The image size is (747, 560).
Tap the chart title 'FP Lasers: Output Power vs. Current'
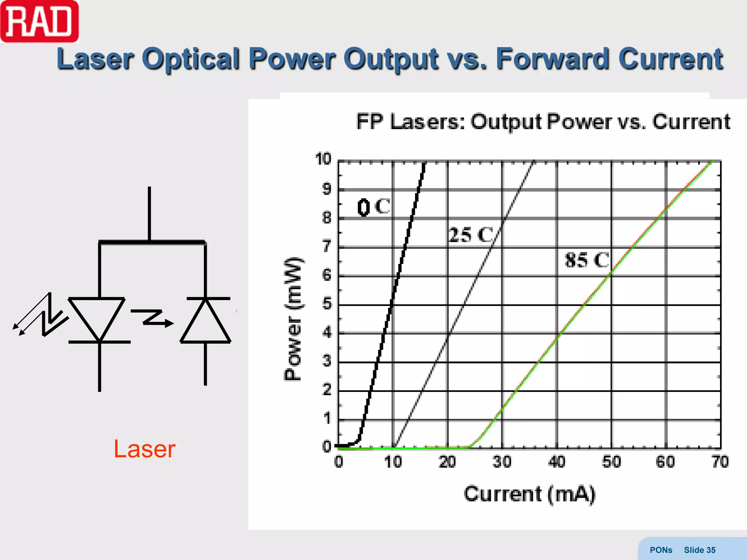(543, 122)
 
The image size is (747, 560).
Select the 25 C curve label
(471, 235)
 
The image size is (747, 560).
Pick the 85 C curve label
(587, 260)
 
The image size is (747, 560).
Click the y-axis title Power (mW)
(293, 319)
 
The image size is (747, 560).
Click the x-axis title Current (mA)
(529, 494)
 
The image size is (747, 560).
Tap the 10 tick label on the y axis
(323, 159)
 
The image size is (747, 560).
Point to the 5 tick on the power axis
(327, 303)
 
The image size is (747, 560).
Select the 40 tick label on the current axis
(557, 462)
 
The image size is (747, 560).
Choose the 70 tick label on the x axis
(720, 462)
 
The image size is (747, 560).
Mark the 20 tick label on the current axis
(448, 462)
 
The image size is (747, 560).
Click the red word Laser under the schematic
(144, 449)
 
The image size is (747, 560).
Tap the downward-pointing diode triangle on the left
(97, 316)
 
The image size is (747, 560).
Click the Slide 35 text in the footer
(699, 550)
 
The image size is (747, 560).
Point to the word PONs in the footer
(661, 550)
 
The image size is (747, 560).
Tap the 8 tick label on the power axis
(327, 218)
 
